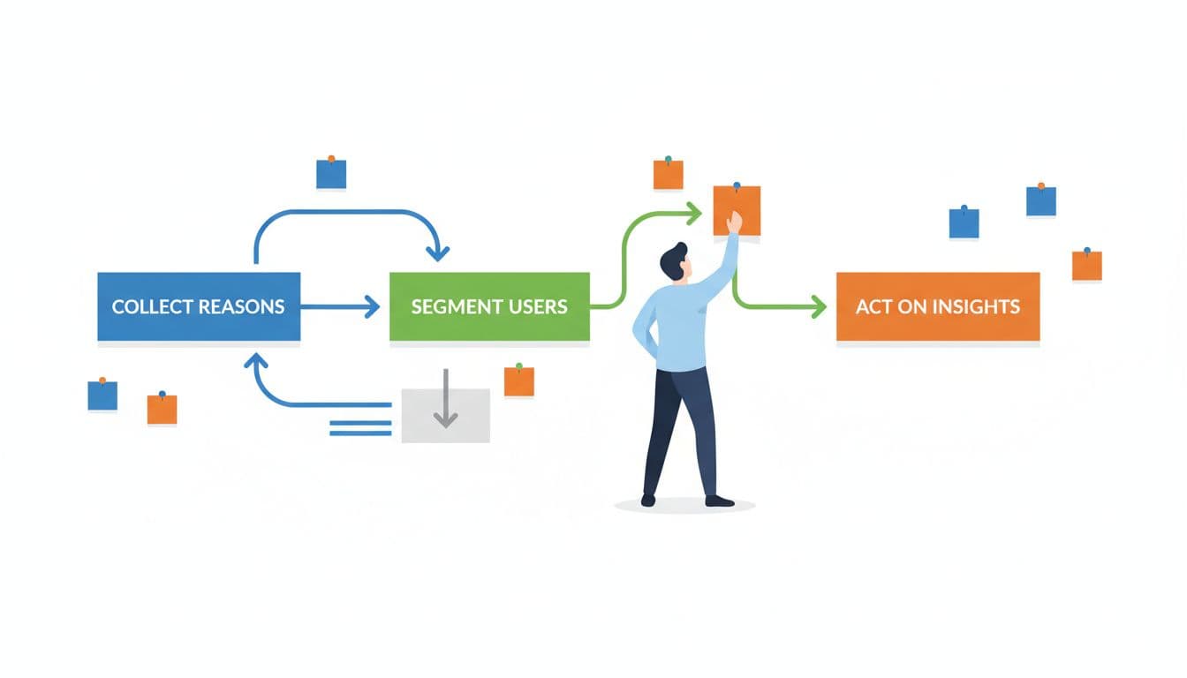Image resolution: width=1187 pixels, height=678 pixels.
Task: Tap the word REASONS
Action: [x=241, y=307]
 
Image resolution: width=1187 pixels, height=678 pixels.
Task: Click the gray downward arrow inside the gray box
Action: [x=445, y=402]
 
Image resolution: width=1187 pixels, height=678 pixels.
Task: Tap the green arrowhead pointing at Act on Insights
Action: [x=818, y=307]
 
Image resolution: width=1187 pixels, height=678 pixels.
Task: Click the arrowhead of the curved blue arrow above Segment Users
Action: [x=437, y=252]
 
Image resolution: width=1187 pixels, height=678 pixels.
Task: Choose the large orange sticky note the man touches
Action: [x=737, y=210]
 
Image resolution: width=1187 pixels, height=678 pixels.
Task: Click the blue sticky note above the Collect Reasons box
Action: [x=331, y=174]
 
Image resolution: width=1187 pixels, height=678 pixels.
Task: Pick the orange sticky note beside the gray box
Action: [x=519, y=381]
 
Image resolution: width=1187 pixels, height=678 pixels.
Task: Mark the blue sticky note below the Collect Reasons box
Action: [x=102, y=395]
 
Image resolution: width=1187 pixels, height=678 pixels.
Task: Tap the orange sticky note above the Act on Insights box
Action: [x=1086, y=266]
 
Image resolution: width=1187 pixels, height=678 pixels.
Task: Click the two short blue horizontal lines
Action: [x=360, y=428]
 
